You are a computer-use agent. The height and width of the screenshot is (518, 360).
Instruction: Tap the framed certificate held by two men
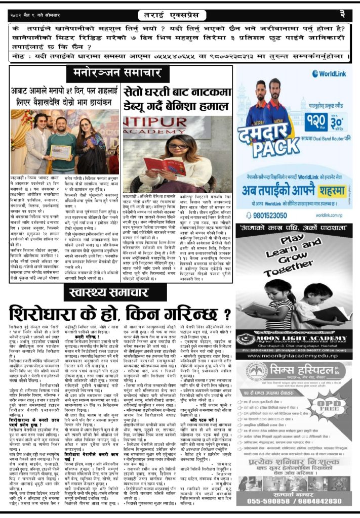click(x=61, y=151)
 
